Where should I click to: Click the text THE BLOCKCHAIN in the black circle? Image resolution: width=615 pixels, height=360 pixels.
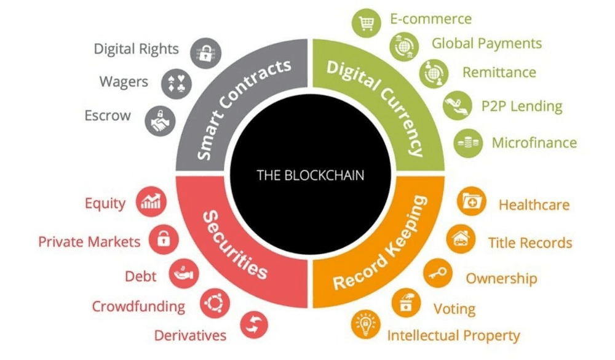click(310, 175)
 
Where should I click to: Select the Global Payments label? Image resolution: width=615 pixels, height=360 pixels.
click(486, 44)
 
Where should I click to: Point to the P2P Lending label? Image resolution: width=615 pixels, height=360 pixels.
click(522, 106)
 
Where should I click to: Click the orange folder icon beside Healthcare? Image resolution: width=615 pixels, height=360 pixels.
click(473, 201)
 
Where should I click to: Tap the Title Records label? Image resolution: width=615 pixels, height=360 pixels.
click(530, 243)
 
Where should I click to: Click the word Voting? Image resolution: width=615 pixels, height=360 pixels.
click(454, 308)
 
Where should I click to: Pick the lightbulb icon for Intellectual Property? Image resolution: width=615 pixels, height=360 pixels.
click(364, 325)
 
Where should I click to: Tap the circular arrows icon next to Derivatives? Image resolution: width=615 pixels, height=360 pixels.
click(253, 324)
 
